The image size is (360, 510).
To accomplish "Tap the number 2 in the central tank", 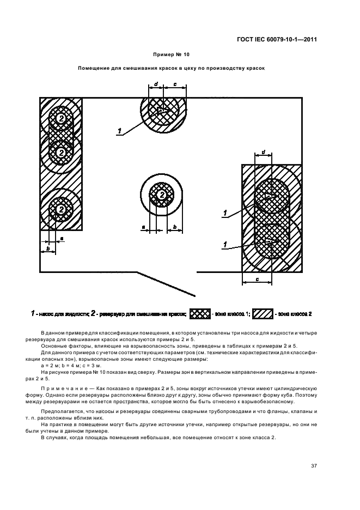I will click(161, 195).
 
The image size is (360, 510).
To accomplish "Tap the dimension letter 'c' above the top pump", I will click(174, 84).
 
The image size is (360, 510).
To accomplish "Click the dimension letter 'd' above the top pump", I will click(156, 84).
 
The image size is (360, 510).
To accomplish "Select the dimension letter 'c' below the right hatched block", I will click(257, 280).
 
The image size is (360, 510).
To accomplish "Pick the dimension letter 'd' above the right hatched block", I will click(264, 151).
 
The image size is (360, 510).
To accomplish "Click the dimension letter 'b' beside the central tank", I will click(175, 226).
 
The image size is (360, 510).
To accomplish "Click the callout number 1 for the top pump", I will click(118, 130).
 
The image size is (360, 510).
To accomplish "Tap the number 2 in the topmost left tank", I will click(62, 118).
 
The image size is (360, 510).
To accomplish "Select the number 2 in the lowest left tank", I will click(62, 209).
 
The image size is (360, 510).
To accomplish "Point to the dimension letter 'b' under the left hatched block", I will click(48, 248).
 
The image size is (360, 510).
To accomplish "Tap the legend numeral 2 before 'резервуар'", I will click(93, 314).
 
